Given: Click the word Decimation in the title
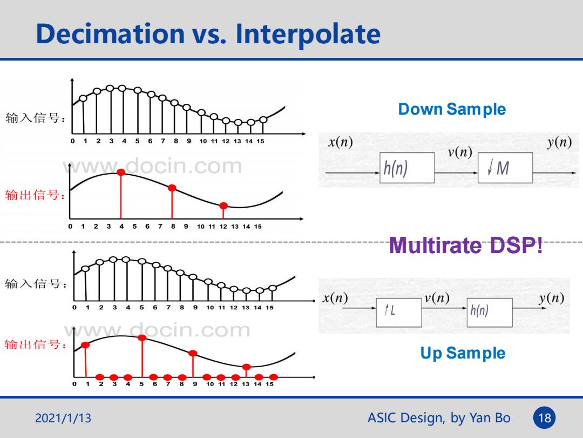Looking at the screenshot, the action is (111, 34).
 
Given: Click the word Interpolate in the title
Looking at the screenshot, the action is (308, 35).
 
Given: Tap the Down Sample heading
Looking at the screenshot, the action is (452, 109).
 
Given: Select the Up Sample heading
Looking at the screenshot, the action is (463, 353).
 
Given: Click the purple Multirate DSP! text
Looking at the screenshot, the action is (465, 245).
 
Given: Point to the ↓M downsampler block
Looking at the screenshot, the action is (505, 168).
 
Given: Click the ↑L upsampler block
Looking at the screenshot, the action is (399, 313).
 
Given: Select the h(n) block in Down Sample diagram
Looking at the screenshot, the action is (407, 168).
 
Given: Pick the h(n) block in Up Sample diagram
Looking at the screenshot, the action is (490, 313).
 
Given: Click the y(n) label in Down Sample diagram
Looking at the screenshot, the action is (559, 142).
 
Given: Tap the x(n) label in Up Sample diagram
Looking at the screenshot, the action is (335, 298).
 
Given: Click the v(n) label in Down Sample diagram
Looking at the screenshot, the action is (460, 152).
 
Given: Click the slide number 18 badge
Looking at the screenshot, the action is (545, 418).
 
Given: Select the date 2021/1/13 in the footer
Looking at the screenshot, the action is (63, 418).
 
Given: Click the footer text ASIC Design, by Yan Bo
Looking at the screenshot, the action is (439, 418).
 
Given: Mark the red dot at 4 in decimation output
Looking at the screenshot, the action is (121, 172).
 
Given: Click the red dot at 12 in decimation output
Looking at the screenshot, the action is (223, 205).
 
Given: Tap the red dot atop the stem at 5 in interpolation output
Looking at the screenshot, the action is (142, 338).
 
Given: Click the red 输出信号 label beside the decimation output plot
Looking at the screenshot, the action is (35, 195).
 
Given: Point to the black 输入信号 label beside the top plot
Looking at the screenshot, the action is (36, 118).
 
